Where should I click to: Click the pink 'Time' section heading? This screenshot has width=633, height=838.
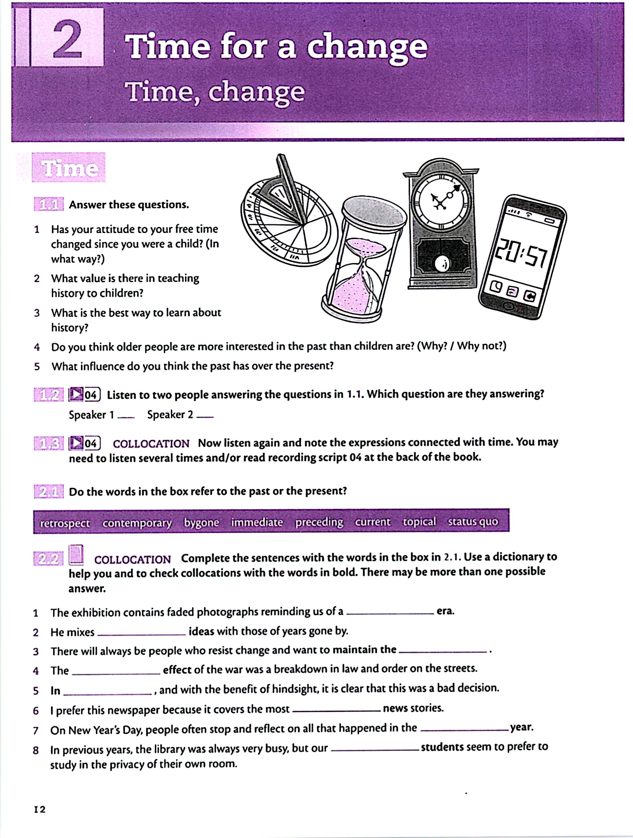(x=69, y=168)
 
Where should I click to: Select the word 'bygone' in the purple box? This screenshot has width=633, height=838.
(x=202, y=522)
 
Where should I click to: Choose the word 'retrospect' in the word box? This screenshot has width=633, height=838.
(x=65, y=523)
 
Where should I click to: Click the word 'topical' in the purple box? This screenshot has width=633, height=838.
(x=419, y=522)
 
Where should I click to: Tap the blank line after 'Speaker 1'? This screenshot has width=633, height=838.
(x=126, y=417)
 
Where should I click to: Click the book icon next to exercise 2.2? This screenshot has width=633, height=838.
(x=76, y=555)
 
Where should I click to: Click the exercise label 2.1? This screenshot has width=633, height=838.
(x=49, y=492)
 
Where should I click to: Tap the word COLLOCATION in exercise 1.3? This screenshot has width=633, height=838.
(x=151, y=444)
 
